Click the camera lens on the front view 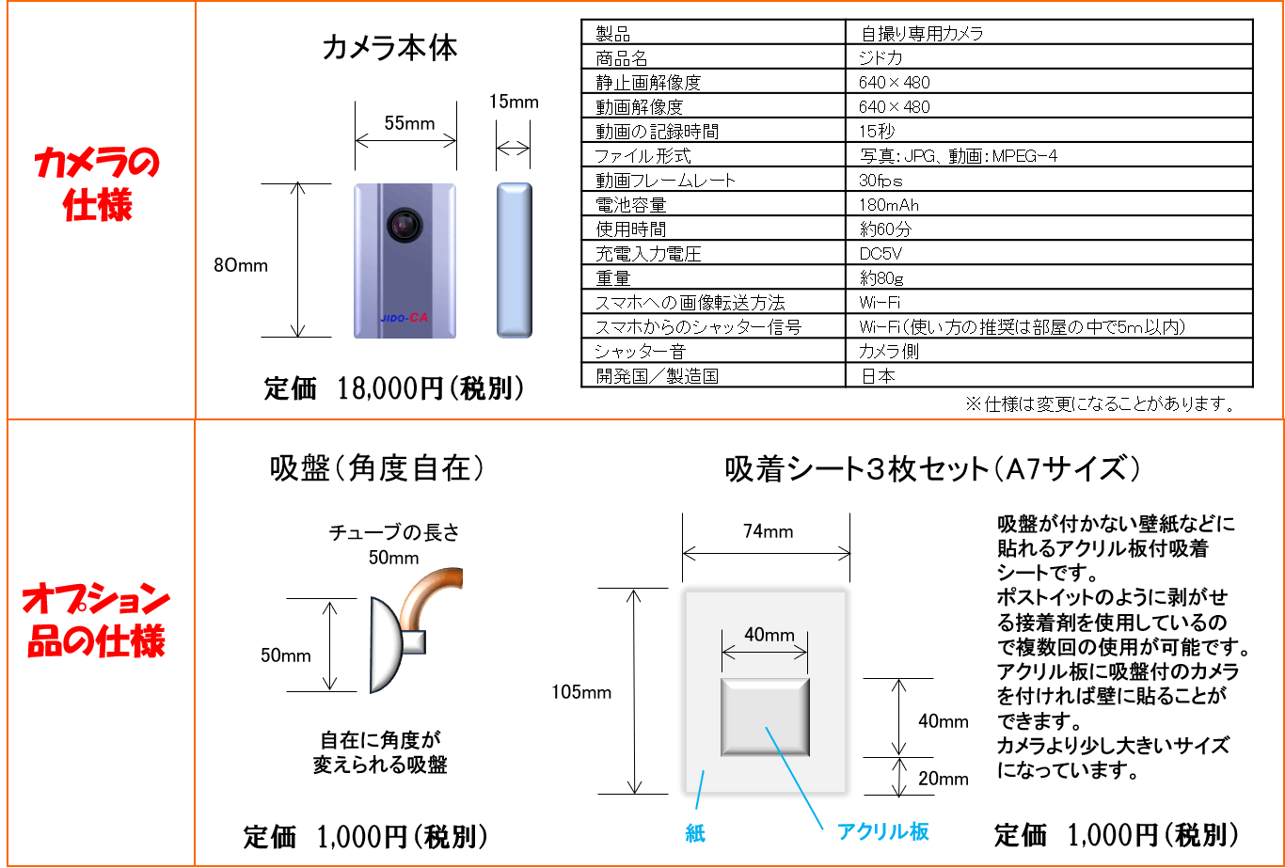pos(403,224)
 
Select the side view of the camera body pos(514,260)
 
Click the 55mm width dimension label pos(409,123)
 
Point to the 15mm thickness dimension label pos(514,102)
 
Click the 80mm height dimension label pos(241,265)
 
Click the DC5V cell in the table pos(880,254)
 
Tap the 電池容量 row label pos(630,205)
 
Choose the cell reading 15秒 pos(877,132)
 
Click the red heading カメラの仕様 pos(97,184)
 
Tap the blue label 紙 pos(695,833)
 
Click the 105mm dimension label pos(580,693)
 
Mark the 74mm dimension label pos(768,532)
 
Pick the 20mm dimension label pos(943,778)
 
